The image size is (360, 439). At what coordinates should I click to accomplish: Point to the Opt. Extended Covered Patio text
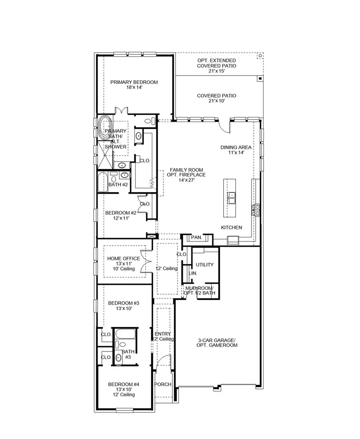216,63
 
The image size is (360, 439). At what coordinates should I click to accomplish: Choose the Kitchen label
232,227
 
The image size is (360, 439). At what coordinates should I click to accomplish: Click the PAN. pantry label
196,237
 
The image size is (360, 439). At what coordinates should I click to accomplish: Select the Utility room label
204,265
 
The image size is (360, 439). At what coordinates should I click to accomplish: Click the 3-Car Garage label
218,343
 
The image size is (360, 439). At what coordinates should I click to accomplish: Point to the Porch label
163,385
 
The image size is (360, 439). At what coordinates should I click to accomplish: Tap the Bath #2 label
118,185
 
